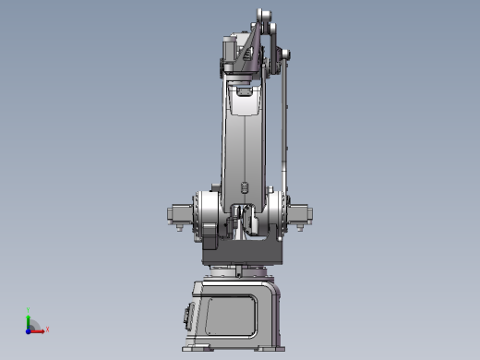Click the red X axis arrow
39,329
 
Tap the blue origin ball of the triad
30,329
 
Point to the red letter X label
47,329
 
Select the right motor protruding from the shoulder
302,214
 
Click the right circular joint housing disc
277,207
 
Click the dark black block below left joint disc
208,243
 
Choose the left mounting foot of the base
198,348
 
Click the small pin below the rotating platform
239,270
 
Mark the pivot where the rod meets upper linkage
285,55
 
